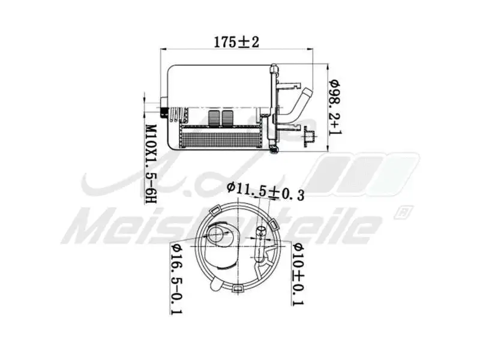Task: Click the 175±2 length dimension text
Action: pyautogui.click(x=236, y=42)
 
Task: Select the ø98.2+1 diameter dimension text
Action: pyautogui.click(x=335, y=108)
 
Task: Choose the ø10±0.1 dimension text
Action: pyautogui.click(x=298, y=272)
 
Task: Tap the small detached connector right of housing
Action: pyautogui.click(x=309, y=136)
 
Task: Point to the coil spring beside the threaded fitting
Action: pyautogui.click(x=176, y=112)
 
